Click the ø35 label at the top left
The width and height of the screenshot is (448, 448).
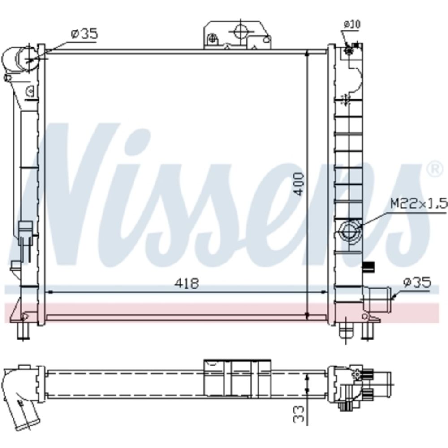tap(84, 34)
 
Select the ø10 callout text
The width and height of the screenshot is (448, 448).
tap(352, 24)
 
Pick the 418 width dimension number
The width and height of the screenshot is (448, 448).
tap(187, 283)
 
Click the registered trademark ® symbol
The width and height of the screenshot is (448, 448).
tap(433, 169)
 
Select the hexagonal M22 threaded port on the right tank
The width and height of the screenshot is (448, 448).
tap(350, 231)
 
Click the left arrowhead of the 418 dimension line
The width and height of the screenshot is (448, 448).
tap(50, 292)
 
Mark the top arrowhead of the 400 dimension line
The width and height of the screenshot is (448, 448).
tap(307, 54)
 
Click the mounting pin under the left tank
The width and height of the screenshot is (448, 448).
tap(23, 332)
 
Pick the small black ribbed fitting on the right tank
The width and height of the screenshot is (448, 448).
tap(369, 266)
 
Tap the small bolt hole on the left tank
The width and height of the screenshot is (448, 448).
tap(30, 91)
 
